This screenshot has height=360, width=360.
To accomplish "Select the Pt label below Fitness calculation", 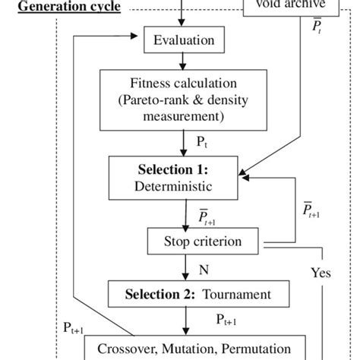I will pyautogui.click(x=201, y=142).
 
